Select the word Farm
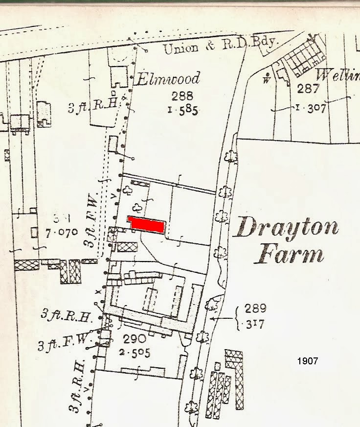[x=291, y=255]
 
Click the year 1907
[x=307, y=361]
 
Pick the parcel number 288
[x=182, y=95]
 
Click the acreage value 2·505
[x=136, y=353]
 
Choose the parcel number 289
[x=256, y=308]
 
